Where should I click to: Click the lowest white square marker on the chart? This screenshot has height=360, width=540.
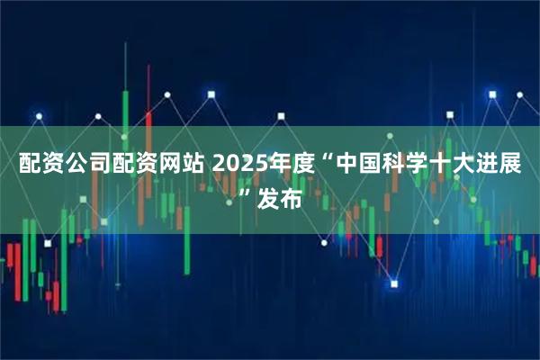tap(393, 283)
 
